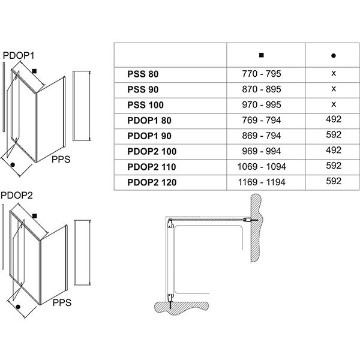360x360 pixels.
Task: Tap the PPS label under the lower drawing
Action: tap(62, 303)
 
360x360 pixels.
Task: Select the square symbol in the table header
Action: tap(260, 55)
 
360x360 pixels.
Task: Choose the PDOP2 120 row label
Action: tap(154, 181)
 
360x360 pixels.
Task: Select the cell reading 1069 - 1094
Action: tap(260, 166)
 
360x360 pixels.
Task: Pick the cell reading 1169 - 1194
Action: tap(260, 181)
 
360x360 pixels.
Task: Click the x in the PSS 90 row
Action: tap(333, 89)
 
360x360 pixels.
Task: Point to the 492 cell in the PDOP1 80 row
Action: tap(333, 119)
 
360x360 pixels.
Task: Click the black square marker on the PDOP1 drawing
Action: tap(36, 71)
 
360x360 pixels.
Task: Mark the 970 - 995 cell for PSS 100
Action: tap(260, 104)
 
